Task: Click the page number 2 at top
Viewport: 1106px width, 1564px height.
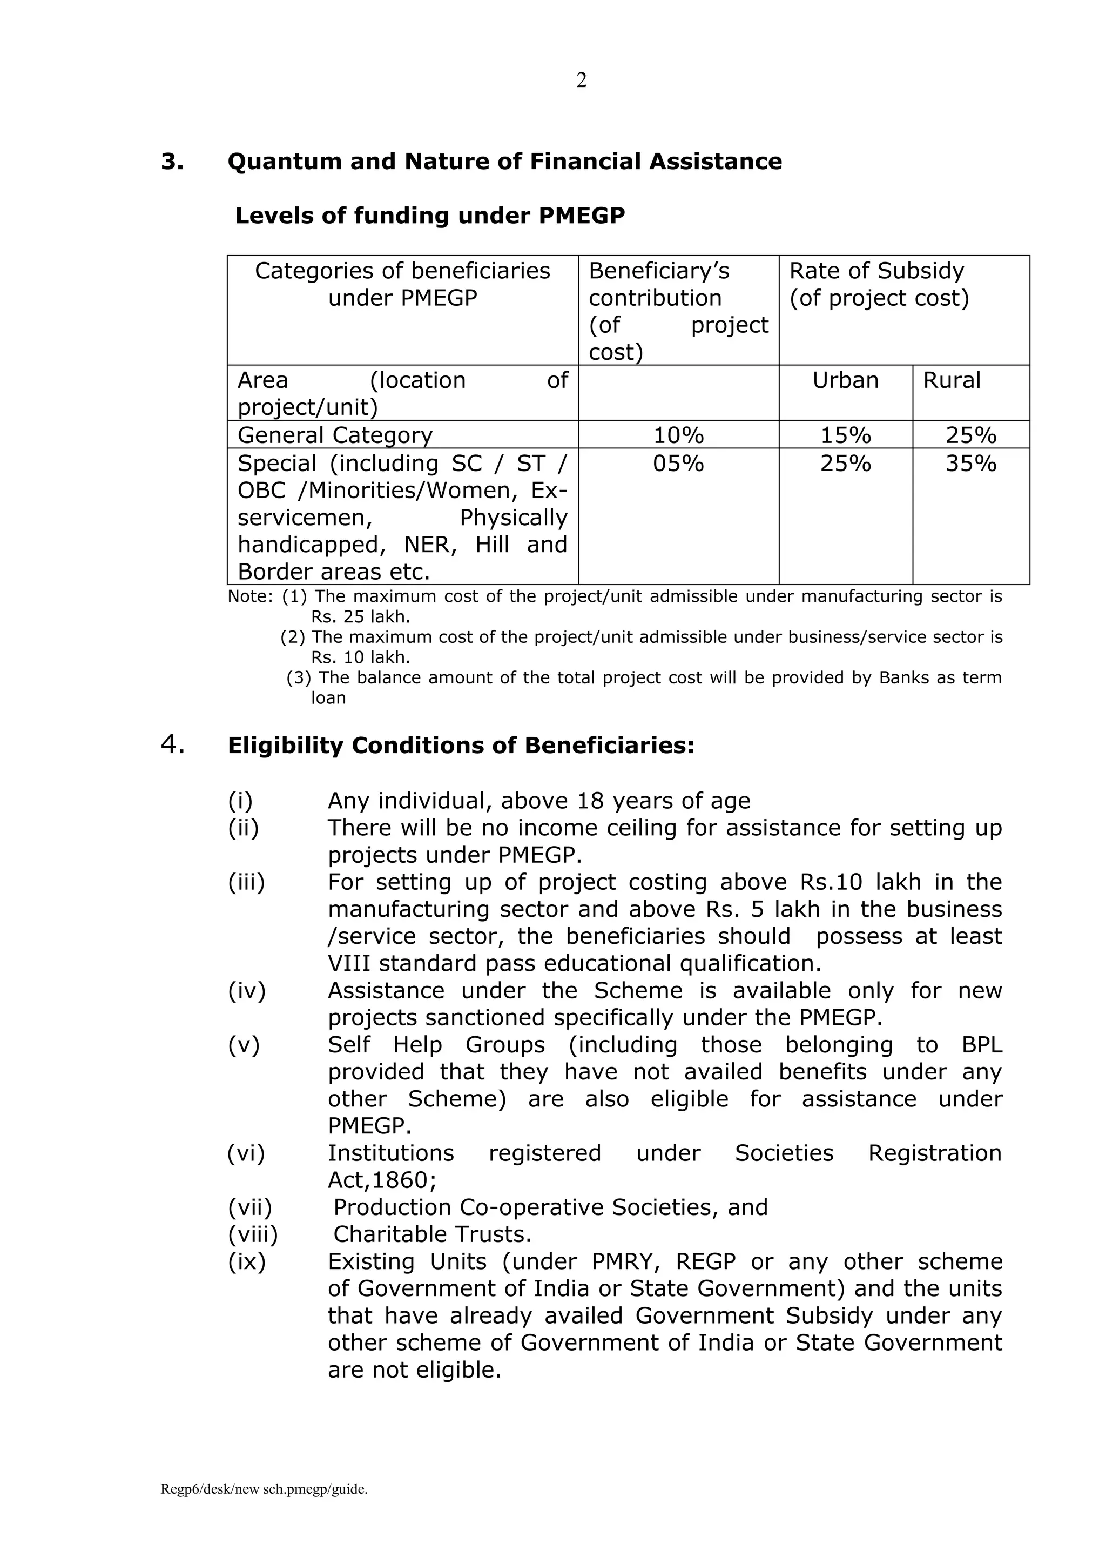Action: coord(581,81)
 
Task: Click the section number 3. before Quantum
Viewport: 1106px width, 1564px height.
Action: coord(172,162)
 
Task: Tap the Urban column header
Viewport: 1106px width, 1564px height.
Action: coord(845,380)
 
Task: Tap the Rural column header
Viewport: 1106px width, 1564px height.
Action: coord(952,380)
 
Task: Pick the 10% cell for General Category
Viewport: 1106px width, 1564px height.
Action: coord(678,435)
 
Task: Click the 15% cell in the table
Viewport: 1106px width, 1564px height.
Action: coord(845,435)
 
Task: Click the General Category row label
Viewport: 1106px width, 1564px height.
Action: coord(334,435)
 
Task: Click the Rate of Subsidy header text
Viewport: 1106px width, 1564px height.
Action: coord(876,271)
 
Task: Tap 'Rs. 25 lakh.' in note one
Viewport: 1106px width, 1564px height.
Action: coord(360,617)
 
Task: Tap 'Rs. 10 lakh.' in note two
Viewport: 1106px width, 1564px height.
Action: coord(360,658)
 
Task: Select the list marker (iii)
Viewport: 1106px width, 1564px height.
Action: coord(246,882)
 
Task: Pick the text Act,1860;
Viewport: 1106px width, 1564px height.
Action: coord(382,1180)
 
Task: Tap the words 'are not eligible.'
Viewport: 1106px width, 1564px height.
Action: coord(414,1370)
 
